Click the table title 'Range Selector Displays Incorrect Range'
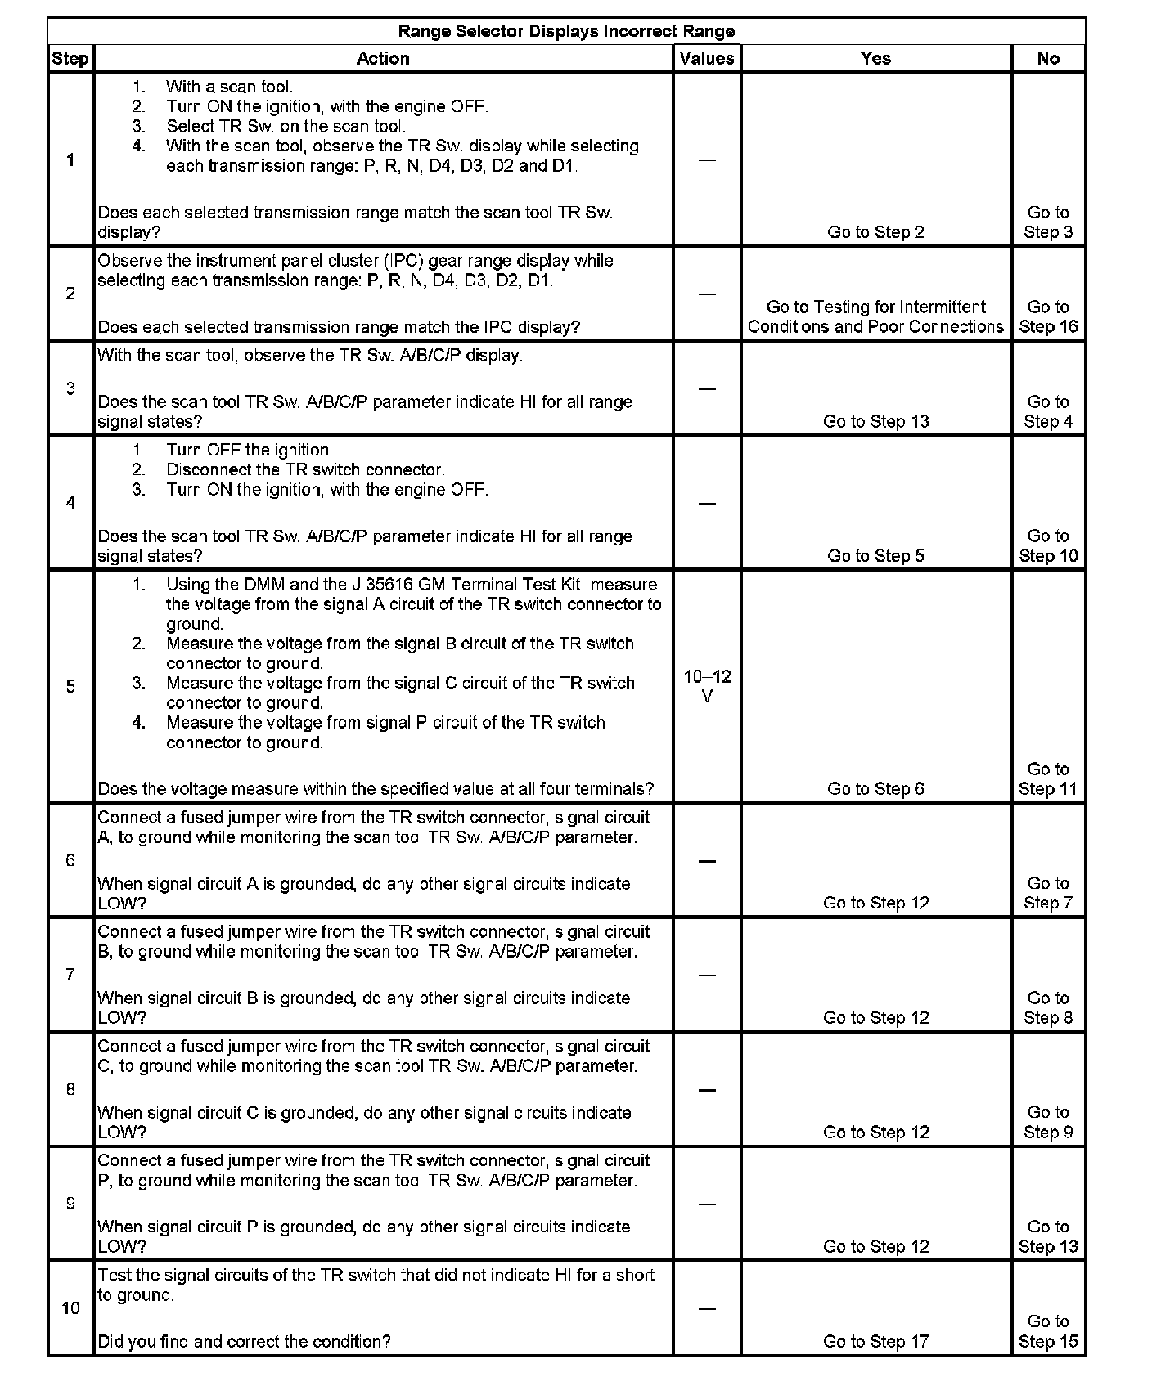[x=566, y=31]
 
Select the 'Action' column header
[x=383, y=58]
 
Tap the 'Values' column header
[x=707, y=58]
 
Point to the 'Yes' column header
[x=875, y=58]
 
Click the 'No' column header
[x=1048, y=58]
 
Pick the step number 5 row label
[x=70, y=686]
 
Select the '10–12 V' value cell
[x=707, y=686]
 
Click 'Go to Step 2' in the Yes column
[x=875, y=232]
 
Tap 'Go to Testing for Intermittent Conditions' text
[x=875, y=316]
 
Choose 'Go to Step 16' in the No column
[x=1048, y=316]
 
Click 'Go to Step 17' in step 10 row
[x=875, y=1342]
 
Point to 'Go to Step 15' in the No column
[x=1048, y=1332]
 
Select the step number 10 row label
[x=70, y=1308]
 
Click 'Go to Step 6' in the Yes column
[x=875, y=789]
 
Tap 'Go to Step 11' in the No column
[x=1048, y=779]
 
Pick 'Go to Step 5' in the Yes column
[x=875, y=556]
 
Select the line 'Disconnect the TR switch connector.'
[x=305, y=470]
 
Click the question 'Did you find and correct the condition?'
[x=244, y=1342]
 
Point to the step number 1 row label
[x=70, y=159]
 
